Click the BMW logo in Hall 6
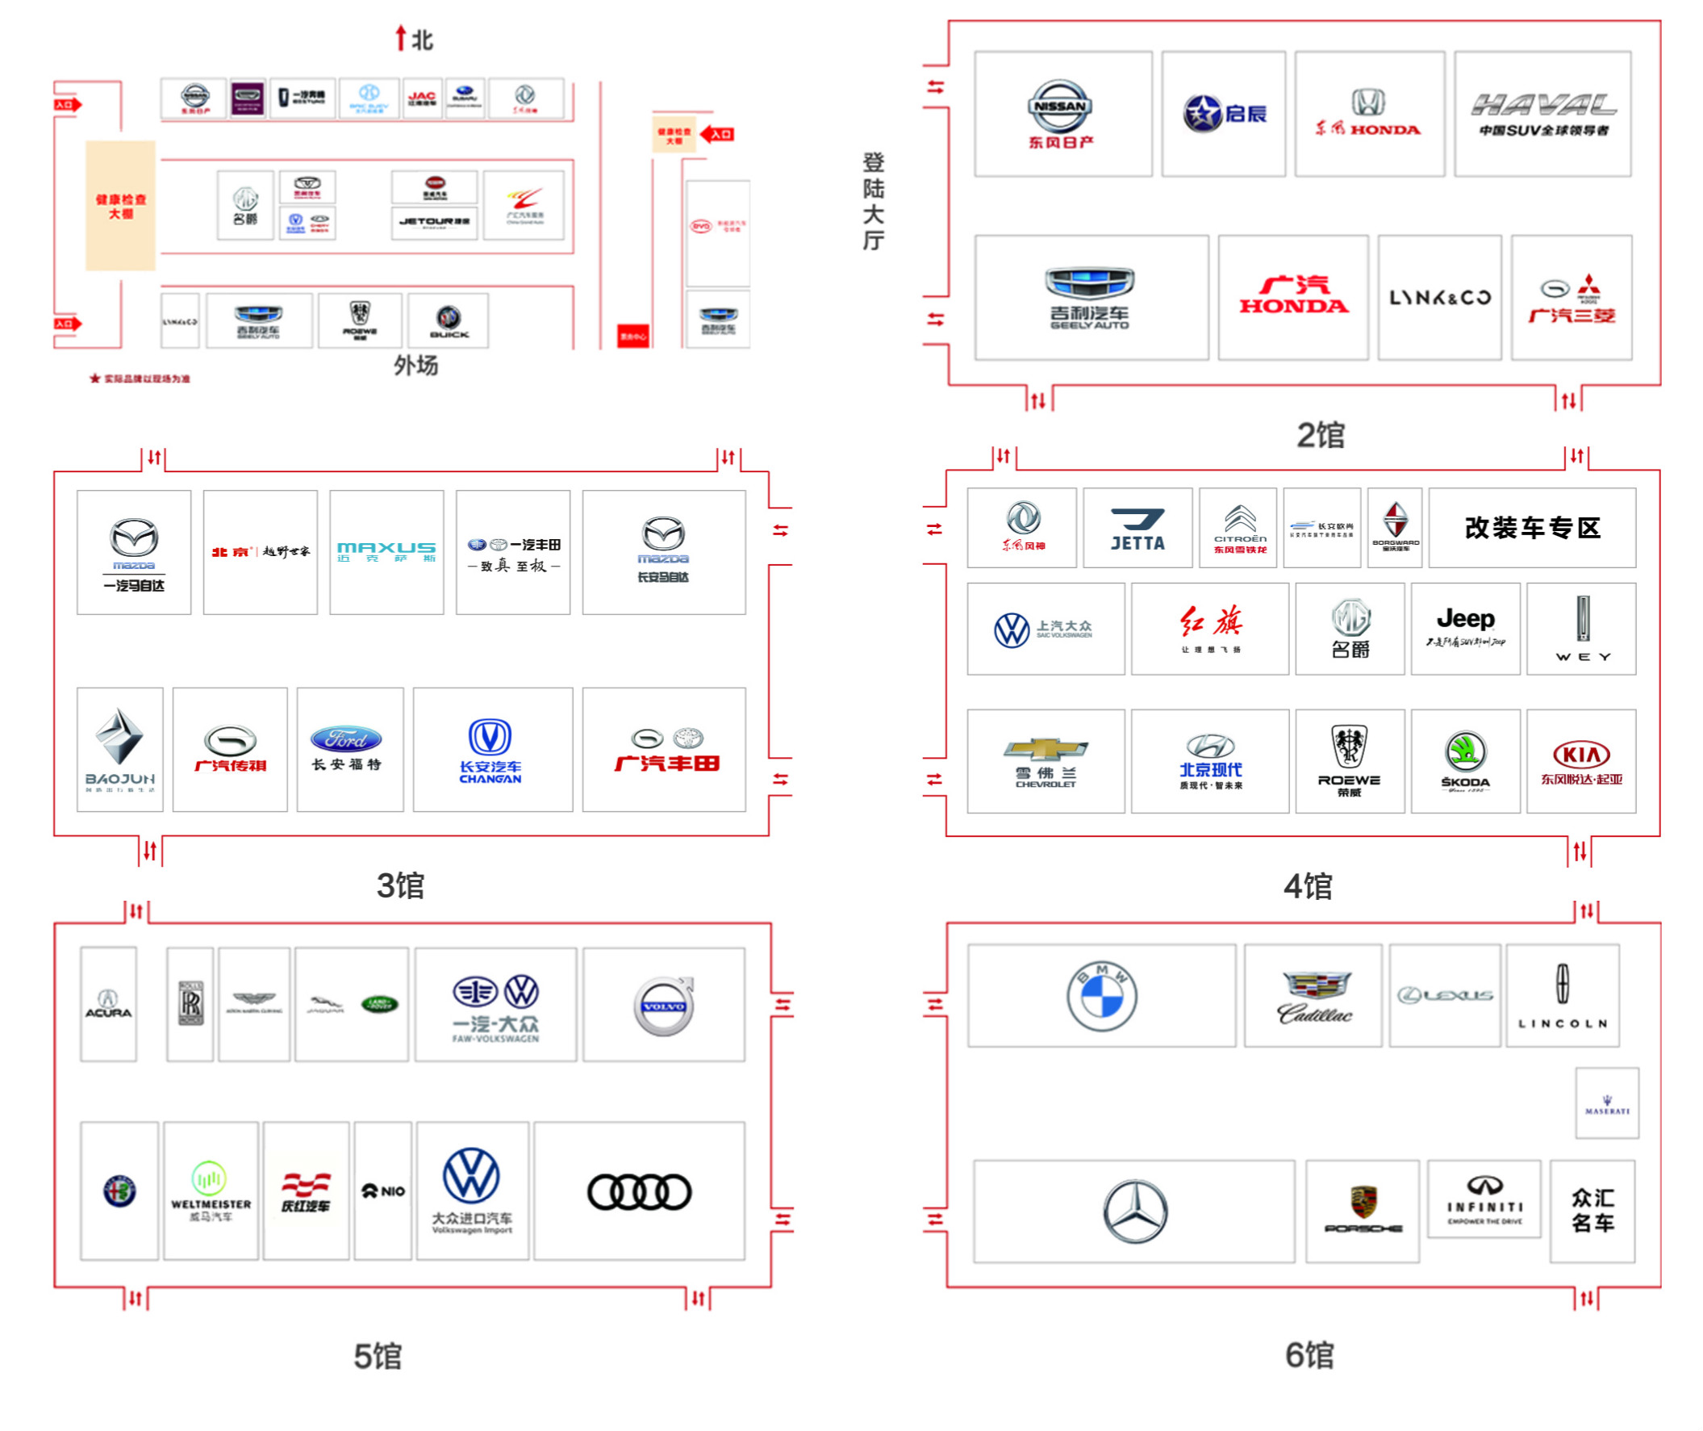tap(1101, 996)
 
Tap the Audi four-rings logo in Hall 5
tap(639, 1191)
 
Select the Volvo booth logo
tap(663, 1006)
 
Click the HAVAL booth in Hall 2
tap(1542, 114)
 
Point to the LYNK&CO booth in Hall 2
tap(1439, 298)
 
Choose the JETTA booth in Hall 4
tap(1137, 528)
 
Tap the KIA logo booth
tap(1580, 761)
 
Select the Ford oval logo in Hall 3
tap(346, 739)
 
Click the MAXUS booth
tap(386, 551)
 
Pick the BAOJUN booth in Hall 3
tap(120, 750)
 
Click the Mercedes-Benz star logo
tap(1135, 1211)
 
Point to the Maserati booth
tap(1606, 1103)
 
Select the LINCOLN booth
tap(1562, 995)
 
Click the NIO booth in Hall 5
tap(382, 1190)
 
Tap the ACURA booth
tap(108, 1004)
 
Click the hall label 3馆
tap(400, 885)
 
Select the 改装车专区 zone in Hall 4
tap(1531, 528)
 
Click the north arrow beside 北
tap(400, 38)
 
